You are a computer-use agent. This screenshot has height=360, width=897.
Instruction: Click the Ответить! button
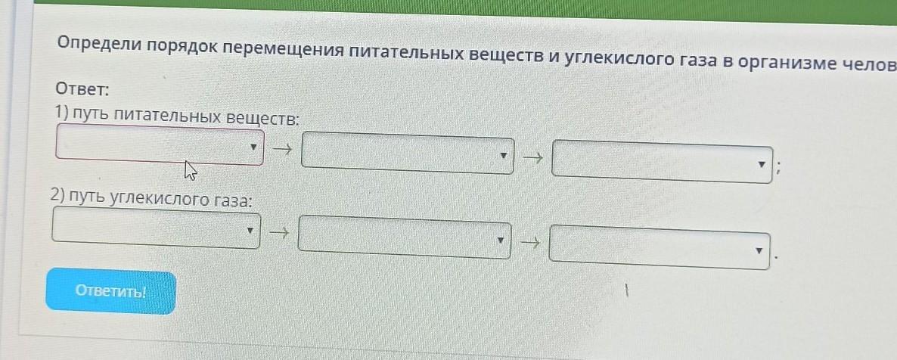pos(110,291)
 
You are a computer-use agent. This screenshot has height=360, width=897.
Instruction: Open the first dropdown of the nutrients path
pos(160,144)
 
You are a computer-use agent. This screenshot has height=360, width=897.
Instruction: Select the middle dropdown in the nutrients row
pos(408,154)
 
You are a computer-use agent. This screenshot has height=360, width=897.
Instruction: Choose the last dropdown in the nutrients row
pos(662,162)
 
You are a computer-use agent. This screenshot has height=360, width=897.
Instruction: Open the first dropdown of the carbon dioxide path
pos(157,228)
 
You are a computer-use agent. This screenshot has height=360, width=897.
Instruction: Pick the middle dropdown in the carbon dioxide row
pos(405,237)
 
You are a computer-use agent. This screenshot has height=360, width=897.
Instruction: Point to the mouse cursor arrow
pos(190,170)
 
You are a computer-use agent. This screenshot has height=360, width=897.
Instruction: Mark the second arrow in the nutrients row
pos(532,158)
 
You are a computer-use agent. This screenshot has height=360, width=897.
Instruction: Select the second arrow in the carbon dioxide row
pos(529,243)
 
